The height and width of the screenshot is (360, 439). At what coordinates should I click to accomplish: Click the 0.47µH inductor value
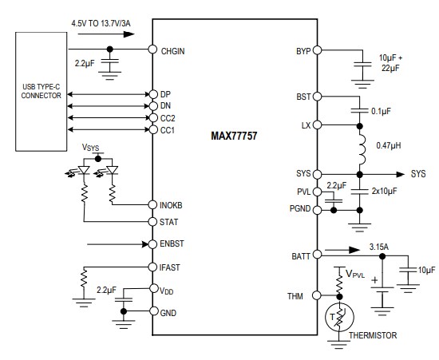(387, 146)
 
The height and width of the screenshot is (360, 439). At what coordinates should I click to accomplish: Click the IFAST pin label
(171, 267)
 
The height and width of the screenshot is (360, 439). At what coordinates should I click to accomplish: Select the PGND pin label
(300, 210)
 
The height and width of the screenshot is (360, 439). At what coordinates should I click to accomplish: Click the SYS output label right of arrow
(418, 173)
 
